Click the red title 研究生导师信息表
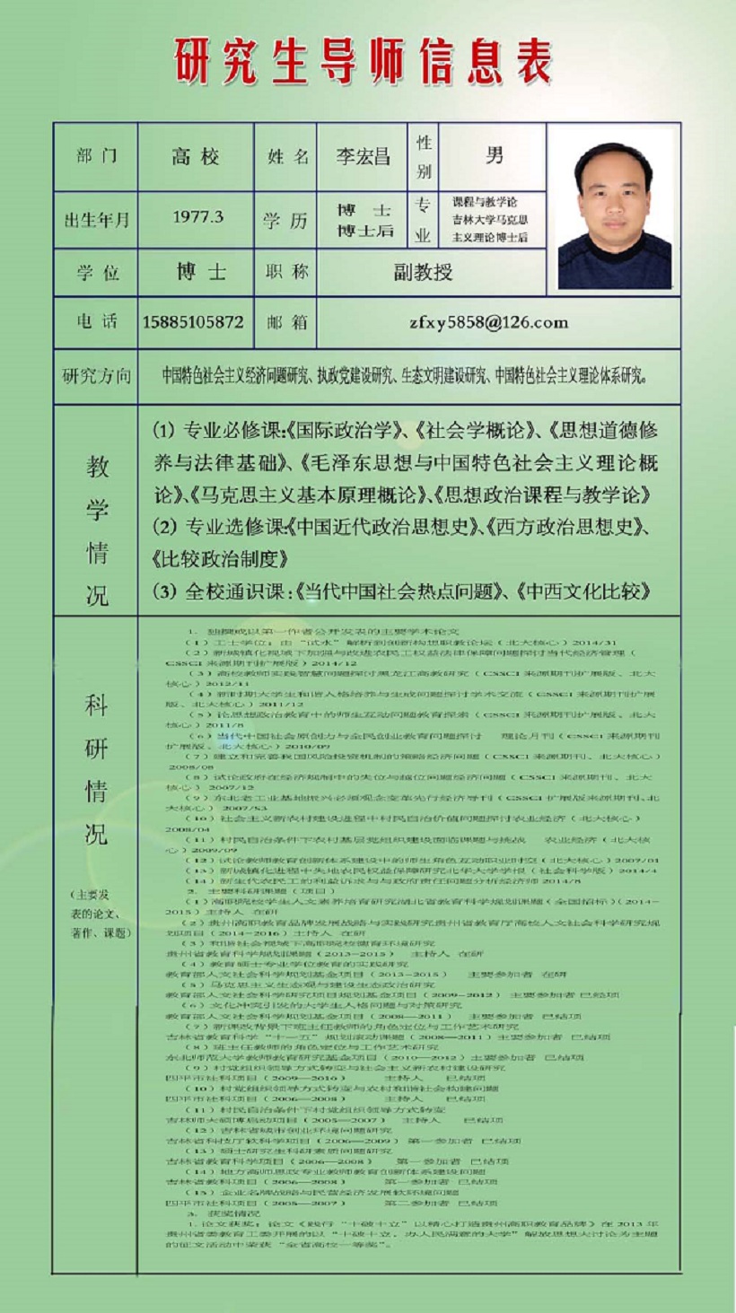coord(363,59)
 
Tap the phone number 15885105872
coord(193,322)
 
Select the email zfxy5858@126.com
coord(488,322)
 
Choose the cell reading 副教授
coord(423,272)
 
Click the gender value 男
coord(494,155)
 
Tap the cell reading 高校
coord(196,156)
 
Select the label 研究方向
coord(96,375)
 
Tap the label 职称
coord(287,272)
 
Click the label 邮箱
coord(287,322)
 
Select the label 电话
coord(96,322)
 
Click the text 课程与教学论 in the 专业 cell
coord(486,202)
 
